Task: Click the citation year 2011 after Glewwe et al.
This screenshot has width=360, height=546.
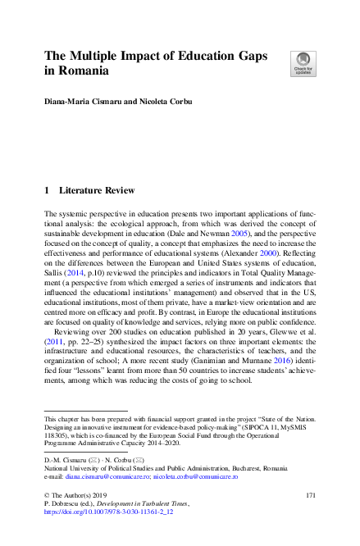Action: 54,349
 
